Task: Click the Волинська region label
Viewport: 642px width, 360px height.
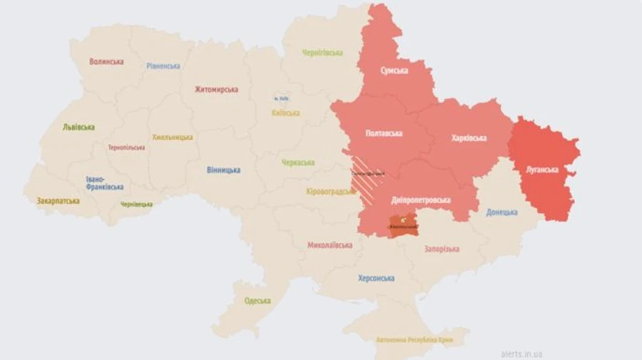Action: click(x=106, y=62)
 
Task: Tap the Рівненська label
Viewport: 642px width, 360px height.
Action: click(x=163, y=66)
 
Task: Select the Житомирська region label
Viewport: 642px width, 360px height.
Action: click(x=216, y=90)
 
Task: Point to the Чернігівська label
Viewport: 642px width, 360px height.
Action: click(x=322, y=53)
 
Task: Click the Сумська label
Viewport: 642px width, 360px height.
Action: click(x=394, y=71)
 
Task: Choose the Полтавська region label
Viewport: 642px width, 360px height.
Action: click(x=384, y=133)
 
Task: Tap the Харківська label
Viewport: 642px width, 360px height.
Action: click(x=469, y=138)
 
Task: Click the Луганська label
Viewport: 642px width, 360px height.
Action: click(x=542, y=170)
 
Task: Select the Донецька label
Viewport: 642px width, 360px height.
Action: click(x=502, y=212)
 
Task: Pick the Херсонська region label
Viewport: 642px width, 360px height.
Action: click(x=376, y=279)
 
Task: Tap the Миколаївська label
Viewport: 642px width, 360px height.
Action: click(x=330, y=245)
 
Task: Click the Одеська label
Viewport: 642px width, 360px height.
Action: click(x=258, y=301)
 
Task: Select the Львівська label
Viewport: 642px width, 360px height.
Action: click(x=78, y=128)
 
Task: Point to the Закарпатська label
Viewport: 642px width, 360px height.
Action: click(x=58, y=202)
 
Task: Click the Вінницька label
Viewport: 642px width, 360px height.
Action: click(x=223, y=170)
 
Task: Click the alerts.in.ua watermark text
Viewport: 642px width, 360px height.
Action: click(x=521, y=353)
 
